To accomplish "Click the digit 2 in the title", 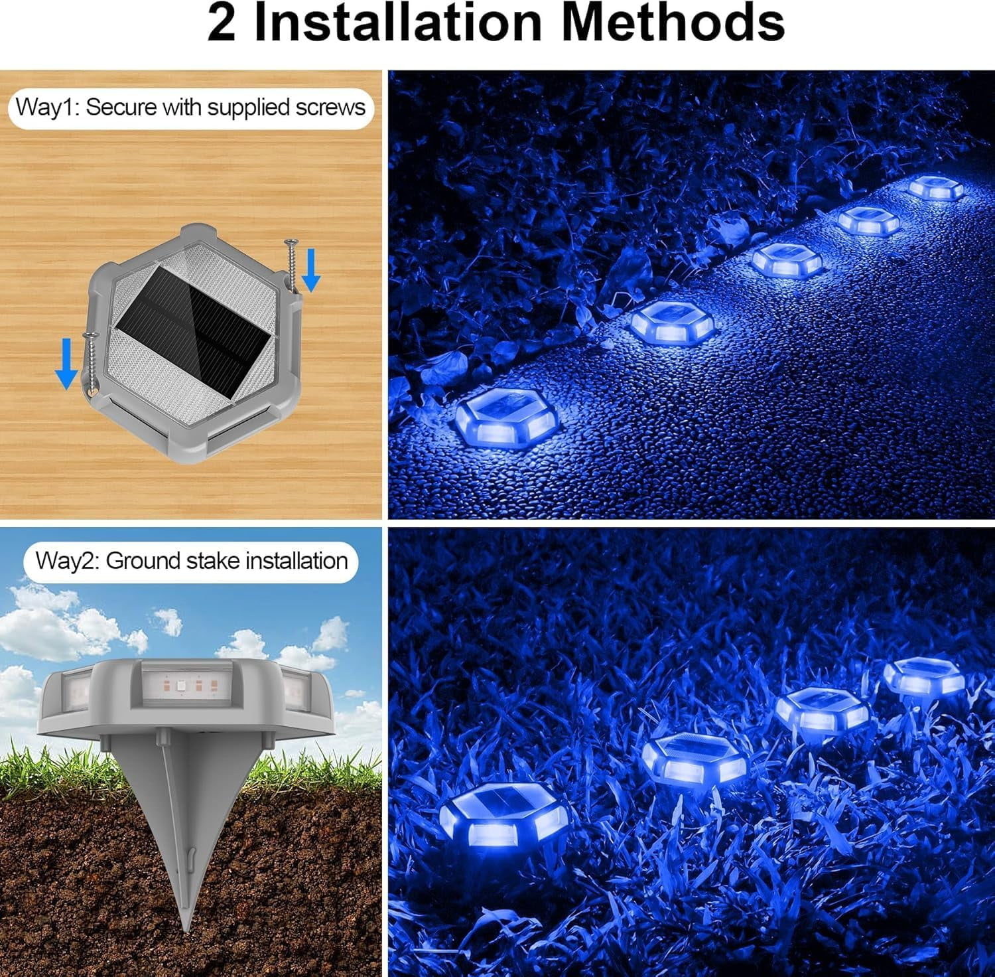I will (x=222, y=24).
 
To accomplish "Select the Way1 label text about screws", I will (x=190, y=108).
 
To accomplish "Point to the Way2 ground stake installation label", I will (x=191, y=561).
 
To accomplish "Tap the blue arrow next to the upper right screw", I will (x=311, y=273).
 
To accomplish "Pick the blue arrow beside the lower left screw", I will (x=66, y=362).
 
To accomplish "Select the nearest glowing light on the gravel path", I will (x=505, y=419).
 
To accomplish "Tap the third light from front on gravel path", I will (x=787, y=260).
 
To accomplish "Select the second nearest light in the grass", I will (x=694, y=758).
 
